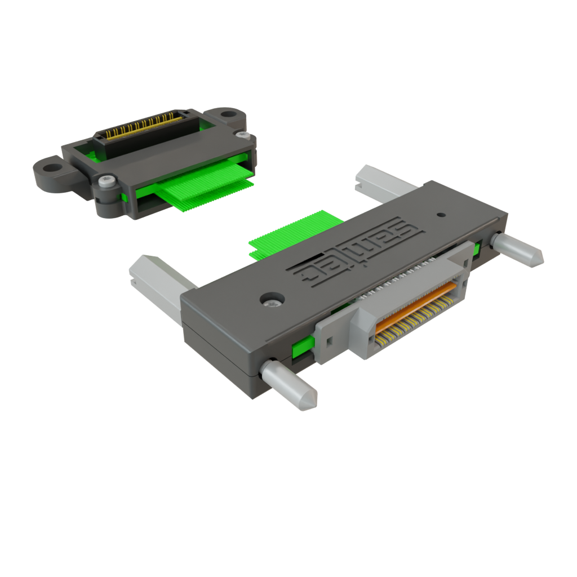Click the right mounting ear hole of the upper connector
click(x=228, y=114)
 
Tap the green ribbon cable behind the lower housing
click(x=293, y=234)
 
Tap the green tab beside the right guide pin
click(x=477, y=249)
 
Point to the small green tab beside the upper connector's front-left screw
click(x=123, y=197)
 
